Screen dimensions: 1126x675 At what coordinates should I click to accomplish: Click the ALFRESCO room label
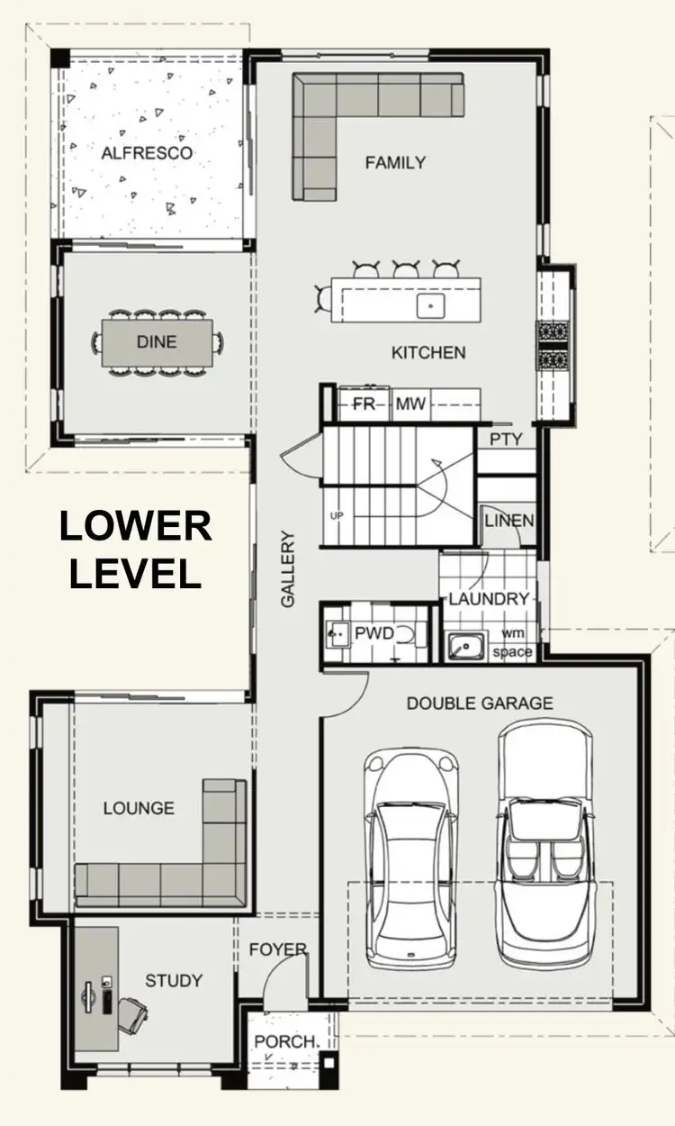[x=147, y=153]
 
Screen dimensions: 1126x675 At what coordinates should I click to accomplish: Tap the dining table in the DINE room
[x=157, y=342]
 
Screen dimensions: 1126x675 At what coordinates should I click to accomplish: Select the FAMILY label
[x=395, y=163]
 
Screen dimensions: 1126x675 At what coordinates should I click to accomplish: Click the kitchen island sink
[x=430, y=305]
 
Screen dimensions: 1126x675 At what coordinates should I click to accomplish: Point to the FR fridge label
[x=364, y=404]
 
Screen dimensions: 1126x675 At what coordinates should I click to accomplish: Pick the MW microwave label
[x=411, y=404]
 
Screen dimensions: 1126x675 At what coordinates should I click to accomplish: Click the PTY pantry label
[x=506, y=440]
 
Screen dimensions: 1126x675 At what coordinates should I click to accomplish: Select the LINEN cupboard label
[x=508, y=521]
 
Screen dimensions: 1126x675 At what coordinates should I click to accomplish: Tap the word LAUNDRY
[x=489, y=599]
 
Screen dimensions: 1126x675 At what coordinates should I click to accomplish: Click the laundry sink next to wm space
[x=465, y=645]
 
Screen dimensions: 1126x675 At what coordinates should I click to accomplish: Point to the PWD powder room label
[x=373, y=633]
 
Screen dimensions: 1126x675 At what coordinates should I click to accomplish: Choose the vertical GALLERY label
[x=288, y=568]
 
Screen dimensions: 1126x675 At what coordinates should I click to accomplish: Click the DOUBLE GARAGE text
[x=480, y=704]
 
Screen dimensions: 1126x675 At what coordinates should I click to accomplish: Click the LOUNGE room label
[x=139, y=808]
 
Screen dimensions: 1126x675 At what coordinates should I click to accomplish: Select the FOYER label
[x=278, y=949]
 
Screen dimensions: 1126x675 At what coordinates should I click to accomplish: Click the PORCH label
[x=286, y=1041]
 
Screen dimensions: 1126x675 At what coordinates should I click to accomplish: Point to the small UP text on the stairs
[x=337, y=516]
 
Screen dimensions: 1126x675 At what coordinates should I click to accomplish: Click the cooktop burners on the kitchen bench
[x=551, y=345]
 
